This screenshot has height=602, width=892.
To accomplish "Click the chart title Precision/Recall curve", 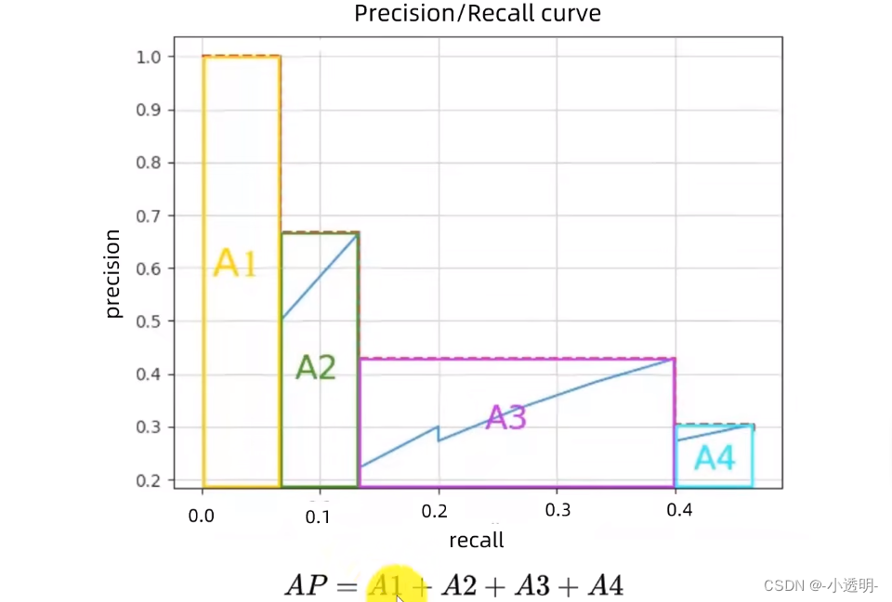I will coord(477,14).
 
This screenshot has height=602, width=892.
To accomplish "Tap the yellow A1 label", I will coord(234,265).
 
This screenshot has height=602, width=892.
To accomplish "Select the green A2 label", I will coord(315,368).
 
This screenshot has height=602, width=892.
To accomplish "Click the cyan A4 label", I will coord(715,457).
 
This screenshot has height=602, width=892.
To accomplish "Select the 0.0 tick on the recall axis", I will coord(202,513).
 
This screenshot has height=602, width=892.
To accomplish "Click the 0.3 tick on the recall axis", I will coord(557,511).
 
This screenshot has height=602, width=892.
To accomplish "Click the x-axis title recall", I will coord(477,541).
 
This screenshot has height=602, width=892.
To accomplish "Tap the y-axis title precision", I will coord(113,274).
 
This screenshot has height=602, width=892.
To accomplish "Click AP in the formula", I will coord(306,585).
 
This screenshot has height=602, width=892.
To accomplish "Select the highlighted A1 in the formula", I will coord(387,585).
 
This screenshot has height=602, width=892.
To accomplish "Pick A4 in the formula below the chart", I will coord(604,585).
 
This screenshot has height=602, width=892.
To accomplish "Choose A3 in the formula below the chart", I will coord(531,585).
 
